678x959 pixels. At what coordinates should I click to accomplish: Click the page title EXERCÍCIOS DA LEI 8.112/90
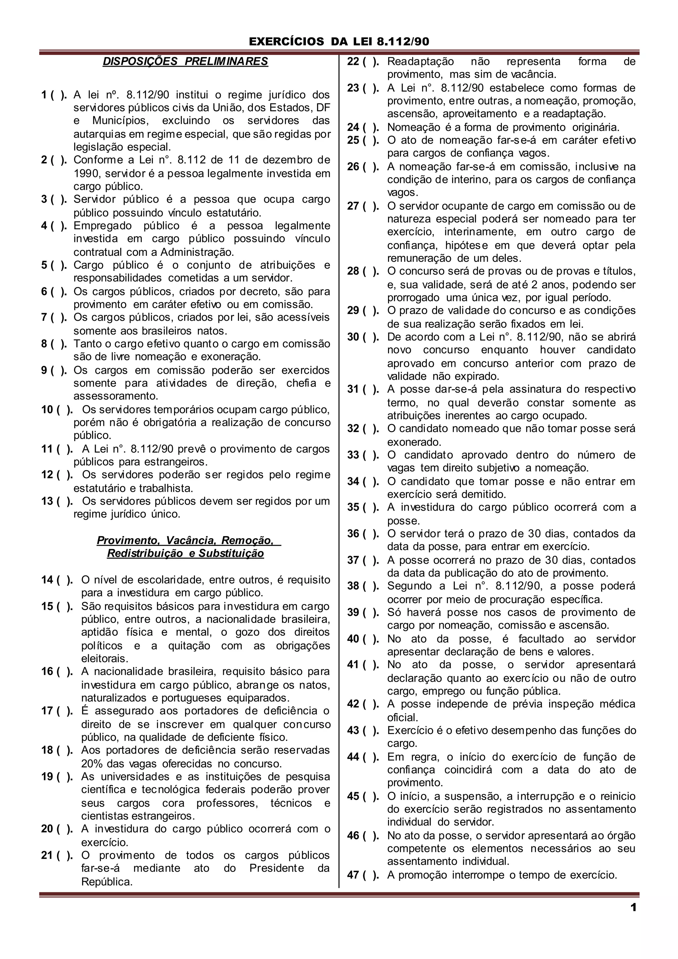[x=339, y=41]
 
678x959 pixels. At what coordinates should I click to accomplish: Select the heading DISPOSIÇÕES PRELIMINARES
[x=185, y=61]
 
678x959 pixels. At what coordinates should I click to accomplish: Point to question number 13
[x=47, y=501]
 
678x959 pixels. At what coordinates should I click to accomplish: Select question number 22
[x=353, y=62]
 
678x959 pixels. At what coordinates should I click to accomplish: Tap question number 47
[x=353, y=874]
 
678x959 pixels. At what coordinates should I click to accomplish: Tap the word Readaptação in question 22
[x=420, y=62]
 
